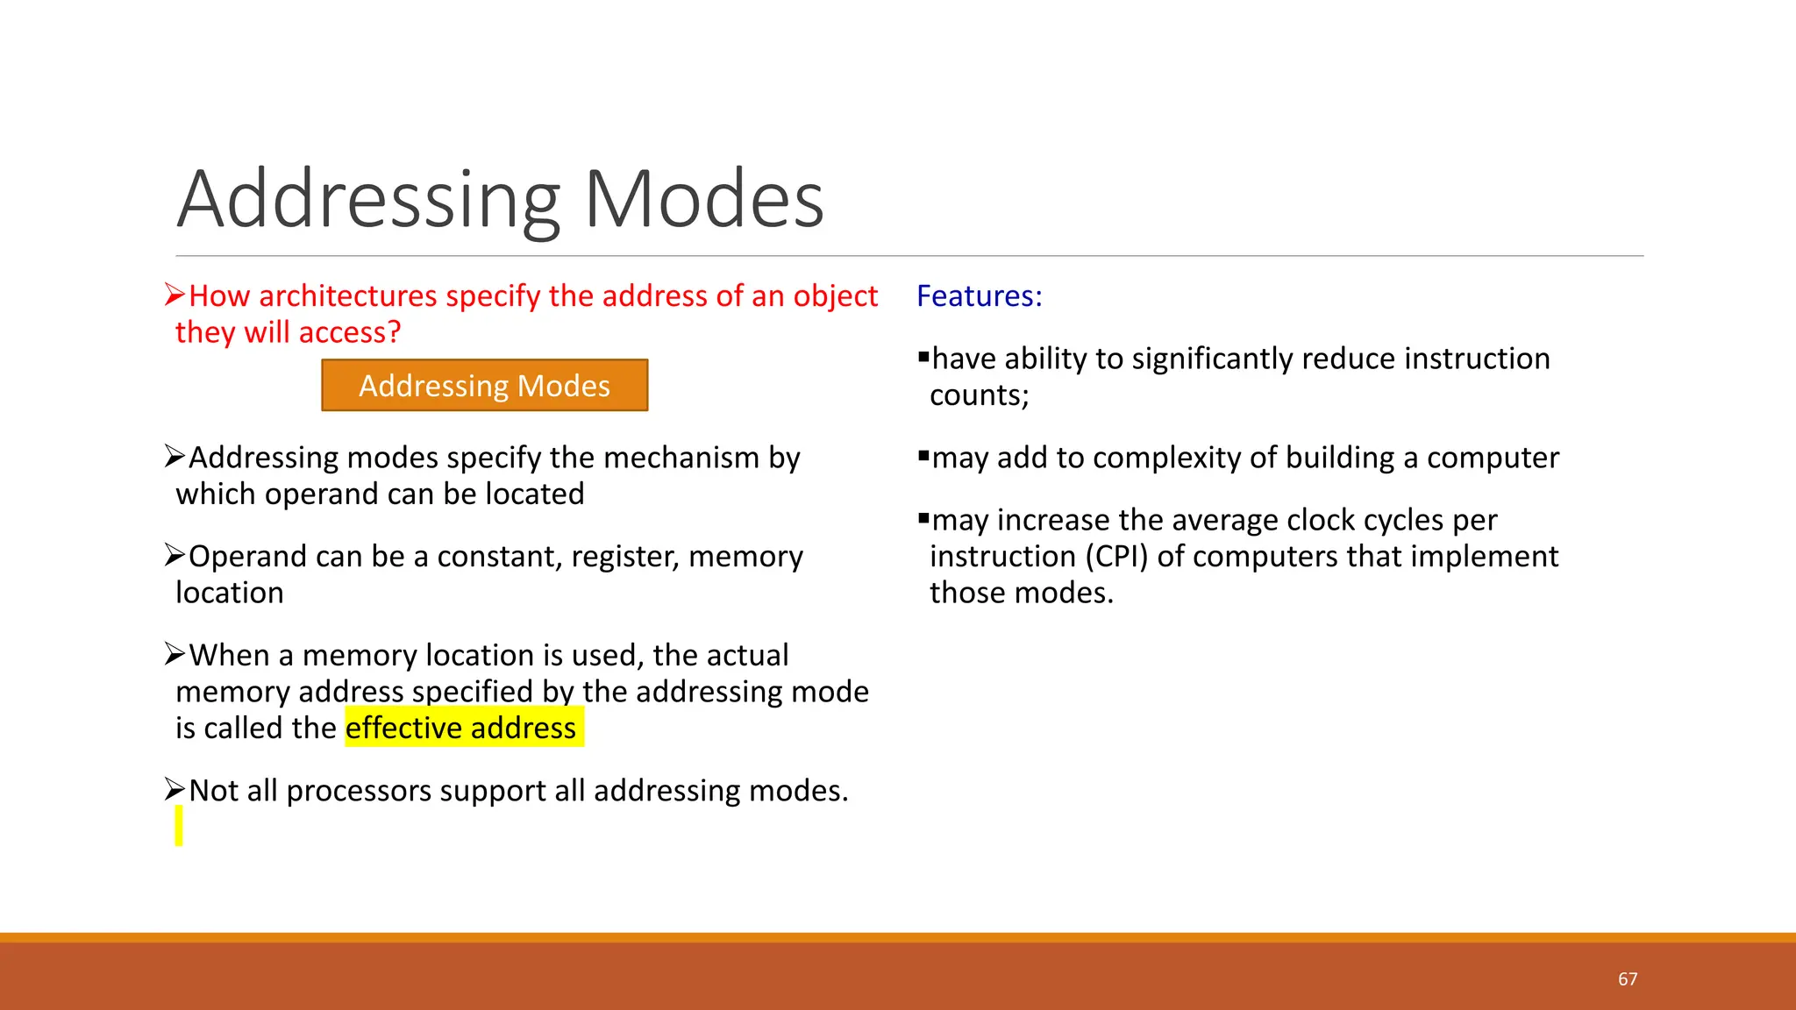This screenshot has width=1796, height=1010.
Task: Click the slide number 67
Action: click(x=1628, y=979)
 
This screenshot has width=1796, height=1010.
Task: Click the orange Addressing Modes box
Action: click(x=484, y=386)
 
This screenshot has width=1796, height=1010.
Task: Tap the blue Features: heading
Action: click(x=979, y=296)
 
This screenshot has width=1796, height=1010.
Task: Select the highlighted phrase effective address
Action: click(x=461, y=728)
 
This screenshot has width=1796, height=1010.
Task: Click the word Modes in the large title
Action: click(x=703, y=200)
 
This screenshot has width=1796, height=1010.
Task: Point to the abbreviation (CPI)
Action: click(x=1117, y=557)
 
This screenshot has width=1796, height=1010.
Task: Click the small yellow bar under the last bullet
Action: click(x=179, y=826)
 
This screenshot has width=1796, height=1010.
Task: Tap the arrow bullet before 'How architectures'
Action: click(x=175, y=295)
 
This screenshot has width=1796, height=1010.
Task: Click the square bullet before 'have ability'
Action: click(x=923, y=356)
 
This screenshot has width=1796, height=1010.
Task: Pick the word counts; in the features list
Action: click(x=979, y=395)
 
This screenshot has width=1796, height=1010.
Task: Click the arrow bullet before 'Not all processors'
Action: click(x=175, y=790)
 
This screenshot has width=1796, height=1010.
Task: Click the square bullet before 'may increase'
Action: click(x=923, y=518)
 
